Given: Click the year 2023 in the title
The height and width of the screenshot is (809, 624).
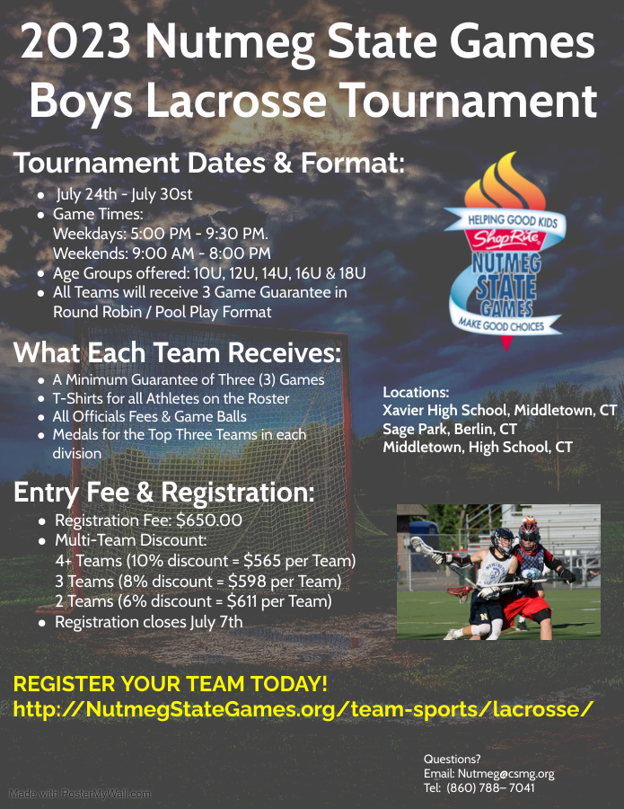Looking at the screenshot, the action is point(75,42).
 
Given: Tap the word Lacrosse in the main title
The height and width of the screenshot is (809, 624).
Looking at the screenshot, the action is point(236,100).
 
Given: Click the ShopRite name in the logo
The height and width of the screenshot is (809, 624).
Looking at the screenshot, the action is point(506,238).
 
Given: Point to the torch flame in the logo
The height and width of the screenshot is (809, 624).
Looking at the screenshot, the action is point(505,181).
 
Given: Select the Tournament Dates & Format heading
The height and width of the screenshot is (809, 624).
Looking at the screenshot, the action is point(209,163).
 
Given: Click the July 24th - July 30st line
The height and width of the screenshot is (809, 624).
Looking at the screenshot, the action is point(124,194).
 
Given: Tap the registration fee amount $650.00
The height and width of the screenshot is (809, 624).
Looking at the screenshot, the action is point(209,520).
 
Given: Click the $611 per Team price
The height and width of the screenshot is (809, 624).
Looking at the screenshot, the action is point(279,601).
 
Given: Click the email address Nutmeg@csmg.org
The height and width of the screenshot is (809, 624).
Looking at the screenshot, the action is point(506,773).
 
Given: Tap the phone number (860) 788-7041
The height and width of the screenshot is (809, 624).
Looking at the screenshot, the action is point(490,787).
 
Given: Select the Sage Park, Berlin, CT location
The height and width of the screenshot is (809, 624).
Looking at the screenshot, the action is point(449,429).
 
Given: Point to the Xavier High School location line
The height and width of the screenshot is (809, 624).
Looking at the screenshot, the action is point(500,410).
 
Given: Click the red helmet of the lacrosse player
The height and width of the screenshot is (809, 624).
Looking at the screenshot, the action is point(529,532).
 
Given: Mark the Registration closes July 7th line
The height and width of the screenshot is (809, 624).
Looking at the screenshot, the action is point(148,622).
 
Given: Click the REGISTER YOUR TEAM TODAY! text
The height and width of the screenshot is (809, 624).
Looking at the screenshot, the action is point(171,684).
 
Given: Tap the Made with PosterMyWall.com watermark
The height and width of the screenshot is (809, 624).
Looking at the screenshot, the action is point(81,794).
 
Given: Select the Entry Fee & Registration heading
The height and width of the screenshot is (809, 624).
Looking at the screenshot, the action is point(164,492).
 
